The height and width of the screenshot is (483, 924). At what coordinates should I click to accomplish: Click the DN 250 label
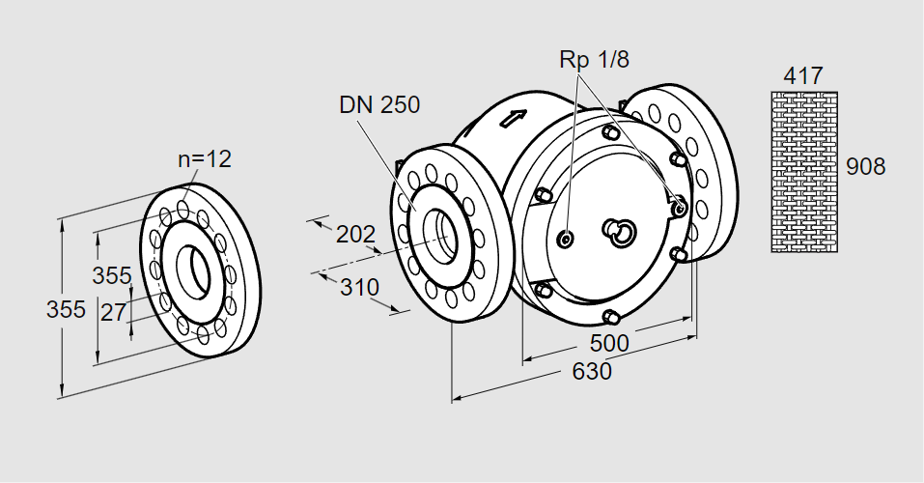pos(379,104)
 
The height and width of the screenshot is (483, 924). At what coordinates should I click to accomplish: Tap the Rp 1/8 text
pos(594,59)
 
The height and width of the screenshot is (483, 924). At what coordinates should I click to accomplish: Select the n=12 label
pos(205,159)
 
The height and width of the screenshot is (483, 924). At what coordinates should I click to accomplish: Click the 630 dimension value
pos(592,372)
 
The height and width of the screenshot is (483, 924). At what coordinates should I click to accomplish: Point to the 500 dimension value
pos(609,343)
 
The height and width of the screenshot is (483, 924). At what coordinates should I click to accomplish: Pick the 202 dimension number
pos(355,234)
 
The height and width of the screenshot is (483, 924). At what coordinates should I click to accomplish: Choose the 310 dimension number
pos(359,287)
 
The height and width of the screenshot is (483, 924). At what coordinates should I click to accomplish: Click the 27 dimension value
pos(113,311)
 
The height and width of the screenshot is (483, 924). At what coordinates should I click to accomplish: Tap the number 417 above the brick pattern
pos(803,75)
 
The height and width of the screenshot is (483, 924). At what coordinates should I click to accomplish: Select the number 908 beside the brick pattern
pos(865,166)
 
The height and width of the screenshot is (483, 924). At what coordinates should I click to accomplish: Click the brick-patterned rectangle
pos(803,171)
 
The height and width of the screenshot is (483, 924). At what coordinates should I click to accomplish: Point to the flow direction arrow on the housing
pos(514,119)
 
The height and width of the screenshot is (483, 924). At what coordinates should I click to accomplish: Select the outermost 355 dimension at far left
pos(67,310)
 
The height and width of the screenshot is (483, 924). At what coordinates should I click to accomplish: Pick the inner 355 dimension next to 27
pos(111,275)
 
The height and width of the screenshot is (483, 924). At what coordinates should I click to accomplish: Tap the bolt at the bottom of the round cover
pos(609,316)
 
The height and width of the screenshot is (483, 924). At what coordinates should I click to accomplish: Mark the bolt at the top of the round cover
pos(610,129)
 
